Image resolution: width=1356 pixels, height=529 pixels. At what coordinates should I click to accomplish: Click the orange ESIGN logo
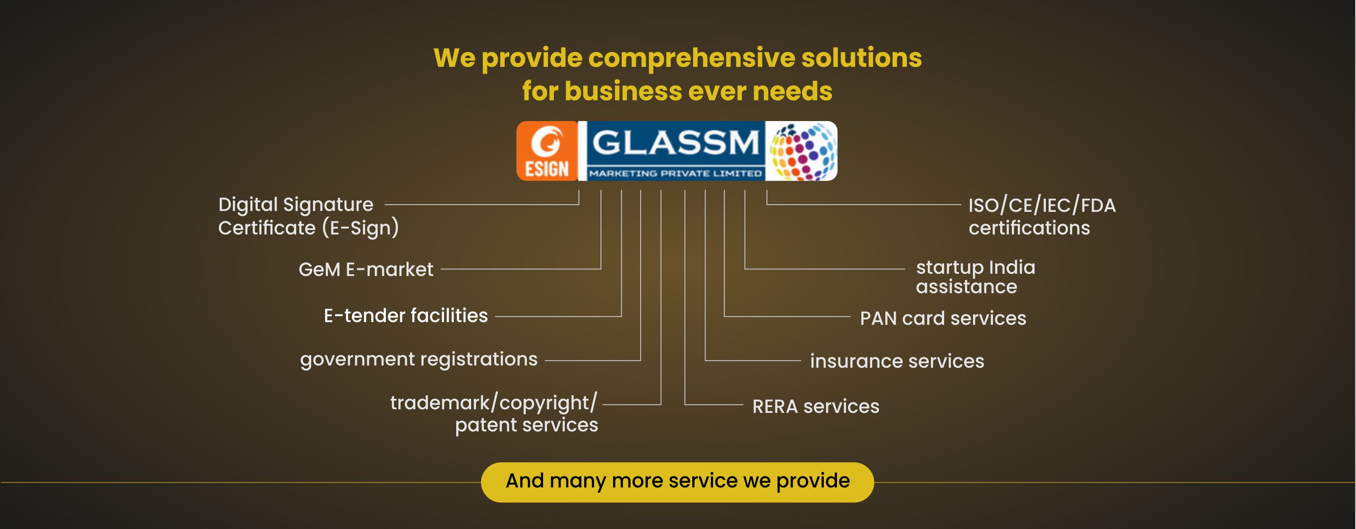pyautogui.click(x=547, y=151)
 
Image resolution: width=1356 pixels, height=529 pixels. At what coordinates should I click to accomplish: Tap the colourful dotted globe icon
pyautogui.click(x=802, y=151)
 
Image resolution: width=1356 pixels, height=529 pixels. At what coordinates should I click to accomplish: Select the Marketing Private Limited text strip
pyautogui.click(x=676, y=173)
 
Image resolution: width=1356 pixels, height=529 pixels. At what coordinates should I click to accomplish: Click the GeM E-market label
pyautogui.click(x=366, y=270)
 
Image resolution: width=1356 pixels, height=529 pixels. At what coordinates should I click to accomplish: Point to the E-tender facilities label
pyautogui.click(x=406, y=315)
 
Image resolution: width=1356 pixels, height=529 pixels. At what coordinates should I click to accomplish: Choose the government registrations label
pyautogui.click(x=419, y=360)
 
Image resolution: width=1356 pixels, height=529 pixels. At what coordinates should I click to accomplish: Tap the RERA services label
pyautogui.click(x=815, y=407)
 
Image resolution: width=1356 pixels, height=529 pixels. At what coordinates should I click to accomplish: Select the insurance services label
pyautogui.click(x=897, y=361)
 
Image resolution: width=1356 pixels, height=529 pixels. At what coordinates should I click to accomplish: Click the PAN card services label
pyautogui.click(x=943, y=318)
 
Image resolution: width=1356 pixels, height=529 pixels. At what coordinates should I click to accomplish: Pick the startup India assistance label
pyautogui.click(x=975, y=276)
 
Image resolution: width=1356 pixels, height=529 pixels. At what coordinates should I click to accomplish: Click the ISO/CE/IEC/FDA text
pyautogui.click(x=1042, y=205)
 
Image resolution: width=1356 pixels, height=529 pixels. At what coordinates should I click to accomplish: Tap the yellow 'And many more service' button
pyautogui.click(x=677, y=481)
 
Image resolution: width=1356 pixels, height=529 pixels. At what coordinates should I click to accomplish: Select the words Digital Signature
pyautogui.click(x=296, y=205)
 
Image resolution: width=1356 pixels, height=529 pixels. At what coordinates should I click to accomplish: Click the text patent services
pyautogui.click(x=526, y=425)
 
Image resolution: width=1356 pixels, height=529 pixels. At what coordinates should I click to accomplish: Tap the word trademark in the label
pyautogui.click(x=439, y=403)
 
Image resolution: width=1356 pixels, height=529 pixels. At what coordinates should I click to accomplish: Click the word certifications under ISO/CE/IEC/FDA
pyautogui.click(x=1029, y=228)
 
